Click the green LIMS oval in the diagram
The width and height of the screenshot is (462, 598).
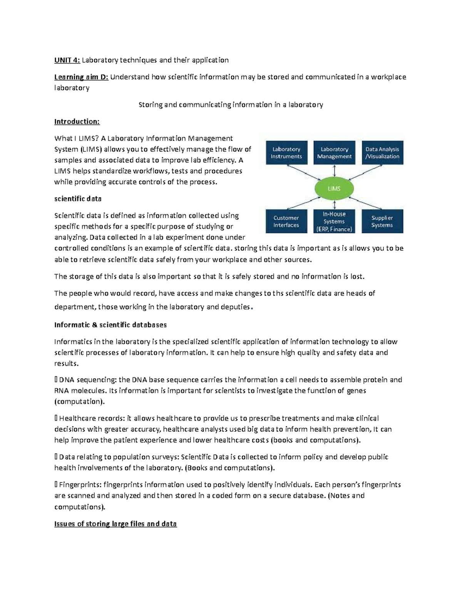point(334,189)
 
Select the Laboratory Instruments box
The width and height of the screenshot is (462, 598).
point(286,153)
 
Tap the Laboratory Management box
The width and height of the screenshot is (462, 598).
point(334,153)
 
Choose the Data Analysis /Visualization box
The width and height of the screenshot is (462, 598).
point(382,153)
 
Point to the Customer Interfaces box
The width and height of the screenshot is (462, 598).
point(286,221)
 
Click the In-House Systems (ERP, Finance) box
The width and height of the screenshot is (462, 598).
point(334,221)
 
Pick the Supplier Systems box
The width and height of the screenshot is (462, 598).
point(382,221)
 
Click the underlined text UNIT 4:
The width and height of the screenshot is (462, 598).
point(67,60)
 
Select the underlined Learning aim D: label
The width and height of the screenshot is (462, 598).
point(81,77)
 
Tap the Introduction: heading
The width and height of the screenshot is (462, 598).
point(77,122)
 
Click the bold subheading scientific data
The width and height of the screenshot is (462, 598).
point(78,199)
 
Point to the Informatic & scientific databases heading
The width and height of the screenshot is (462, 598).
point(110,325)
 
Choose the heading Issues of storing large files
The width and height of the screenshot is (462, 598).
point(115,524)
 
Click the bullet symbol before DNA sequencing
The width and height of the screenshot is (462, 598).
point(56,380)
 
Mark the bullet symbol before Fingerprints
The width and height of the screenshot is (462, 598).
point(56,485)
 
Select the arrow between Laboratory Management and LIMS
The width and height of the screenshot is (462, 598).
point(334,171)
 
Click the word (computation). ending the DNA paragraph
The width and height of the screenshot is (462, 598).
point(79,402)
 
